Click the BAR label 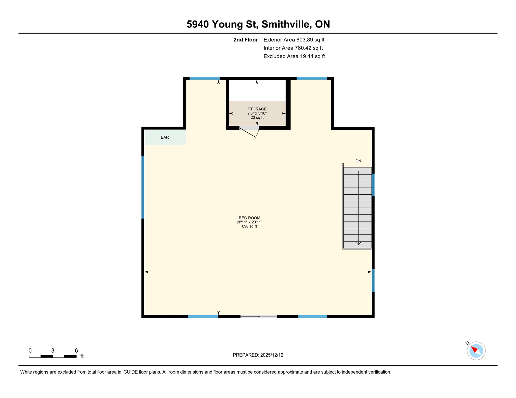coord(165,137)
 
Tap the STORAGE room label coord(257,109)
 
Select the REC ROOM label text coord(249,218)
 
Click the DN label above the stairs coord(358,161)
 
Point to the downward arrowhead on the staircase coord(358,243)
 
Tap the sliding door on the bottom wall coord(259,316)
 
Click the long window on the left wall coord(143,187)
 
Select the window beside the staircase coord(373,185)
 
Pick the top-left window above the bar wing coord(205,78)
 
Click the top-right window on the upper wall coord(311,78)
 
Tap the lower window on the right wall coord(373,281)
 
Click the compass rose coord(476,351)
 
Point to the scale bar coord(53,356)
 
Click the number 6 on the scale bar coord(76,351)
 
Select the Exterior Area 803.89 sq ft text coord(294,40)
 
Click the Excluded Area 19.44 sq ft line coord(294,56)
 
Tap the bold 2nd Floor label coord(245,40)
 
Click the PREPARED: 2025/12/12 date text coord(258,355)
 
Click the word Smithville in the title coord(286,24)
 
